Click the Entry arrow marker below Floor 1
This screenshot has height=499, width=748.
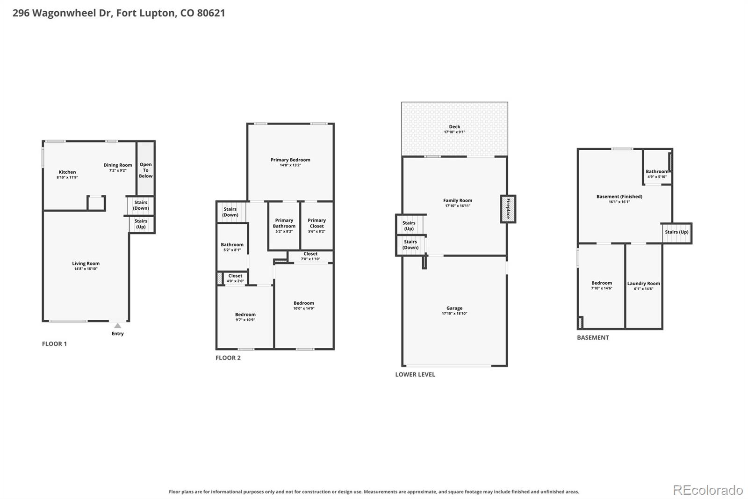tap(117, 325)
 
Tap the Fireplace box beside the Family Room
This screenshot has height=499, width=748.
tap(508, 209)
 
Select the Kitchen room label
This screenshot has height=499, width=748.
tap(67, 172)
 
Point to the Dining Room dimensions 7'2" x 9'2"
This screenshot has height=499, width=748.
tap(118, 170)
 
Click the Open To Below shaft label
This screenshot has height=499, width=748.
tap(145, 170)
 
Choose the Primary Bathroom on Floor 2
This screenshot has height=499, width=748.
tap(284, 226)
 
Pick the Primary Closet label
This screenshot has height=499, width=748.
tap(316, 223)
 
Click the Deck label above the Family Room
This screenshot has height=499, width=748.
tap(454, 126)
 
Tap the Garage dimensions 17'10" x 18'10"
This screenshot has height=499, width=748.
tap(454, 313)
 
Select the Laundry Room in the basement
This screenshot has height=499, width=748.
tap(643, 286)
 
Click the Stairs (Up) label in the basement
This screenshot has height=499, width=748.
tap(676, 232)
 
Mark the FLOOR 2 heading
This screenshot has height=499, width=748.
tap(228, 358)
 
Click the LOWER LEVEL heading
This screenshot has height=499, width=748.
tap(415, 374)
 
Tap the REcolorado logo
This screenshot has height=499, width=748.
tap(708, 490)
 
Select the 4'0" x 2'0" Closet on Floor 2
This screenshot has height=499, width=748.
tap(235, 278)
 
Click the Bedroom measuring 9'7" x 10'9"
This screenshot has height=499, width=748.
tap(245, 317)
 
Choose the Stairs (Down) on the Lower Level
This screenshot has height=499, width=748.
tap(410, 244)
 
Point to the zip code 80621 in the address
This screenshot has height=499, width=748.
tap(211, 13)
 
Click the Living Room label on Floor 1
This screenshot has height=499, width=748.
tap(86, 263)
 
